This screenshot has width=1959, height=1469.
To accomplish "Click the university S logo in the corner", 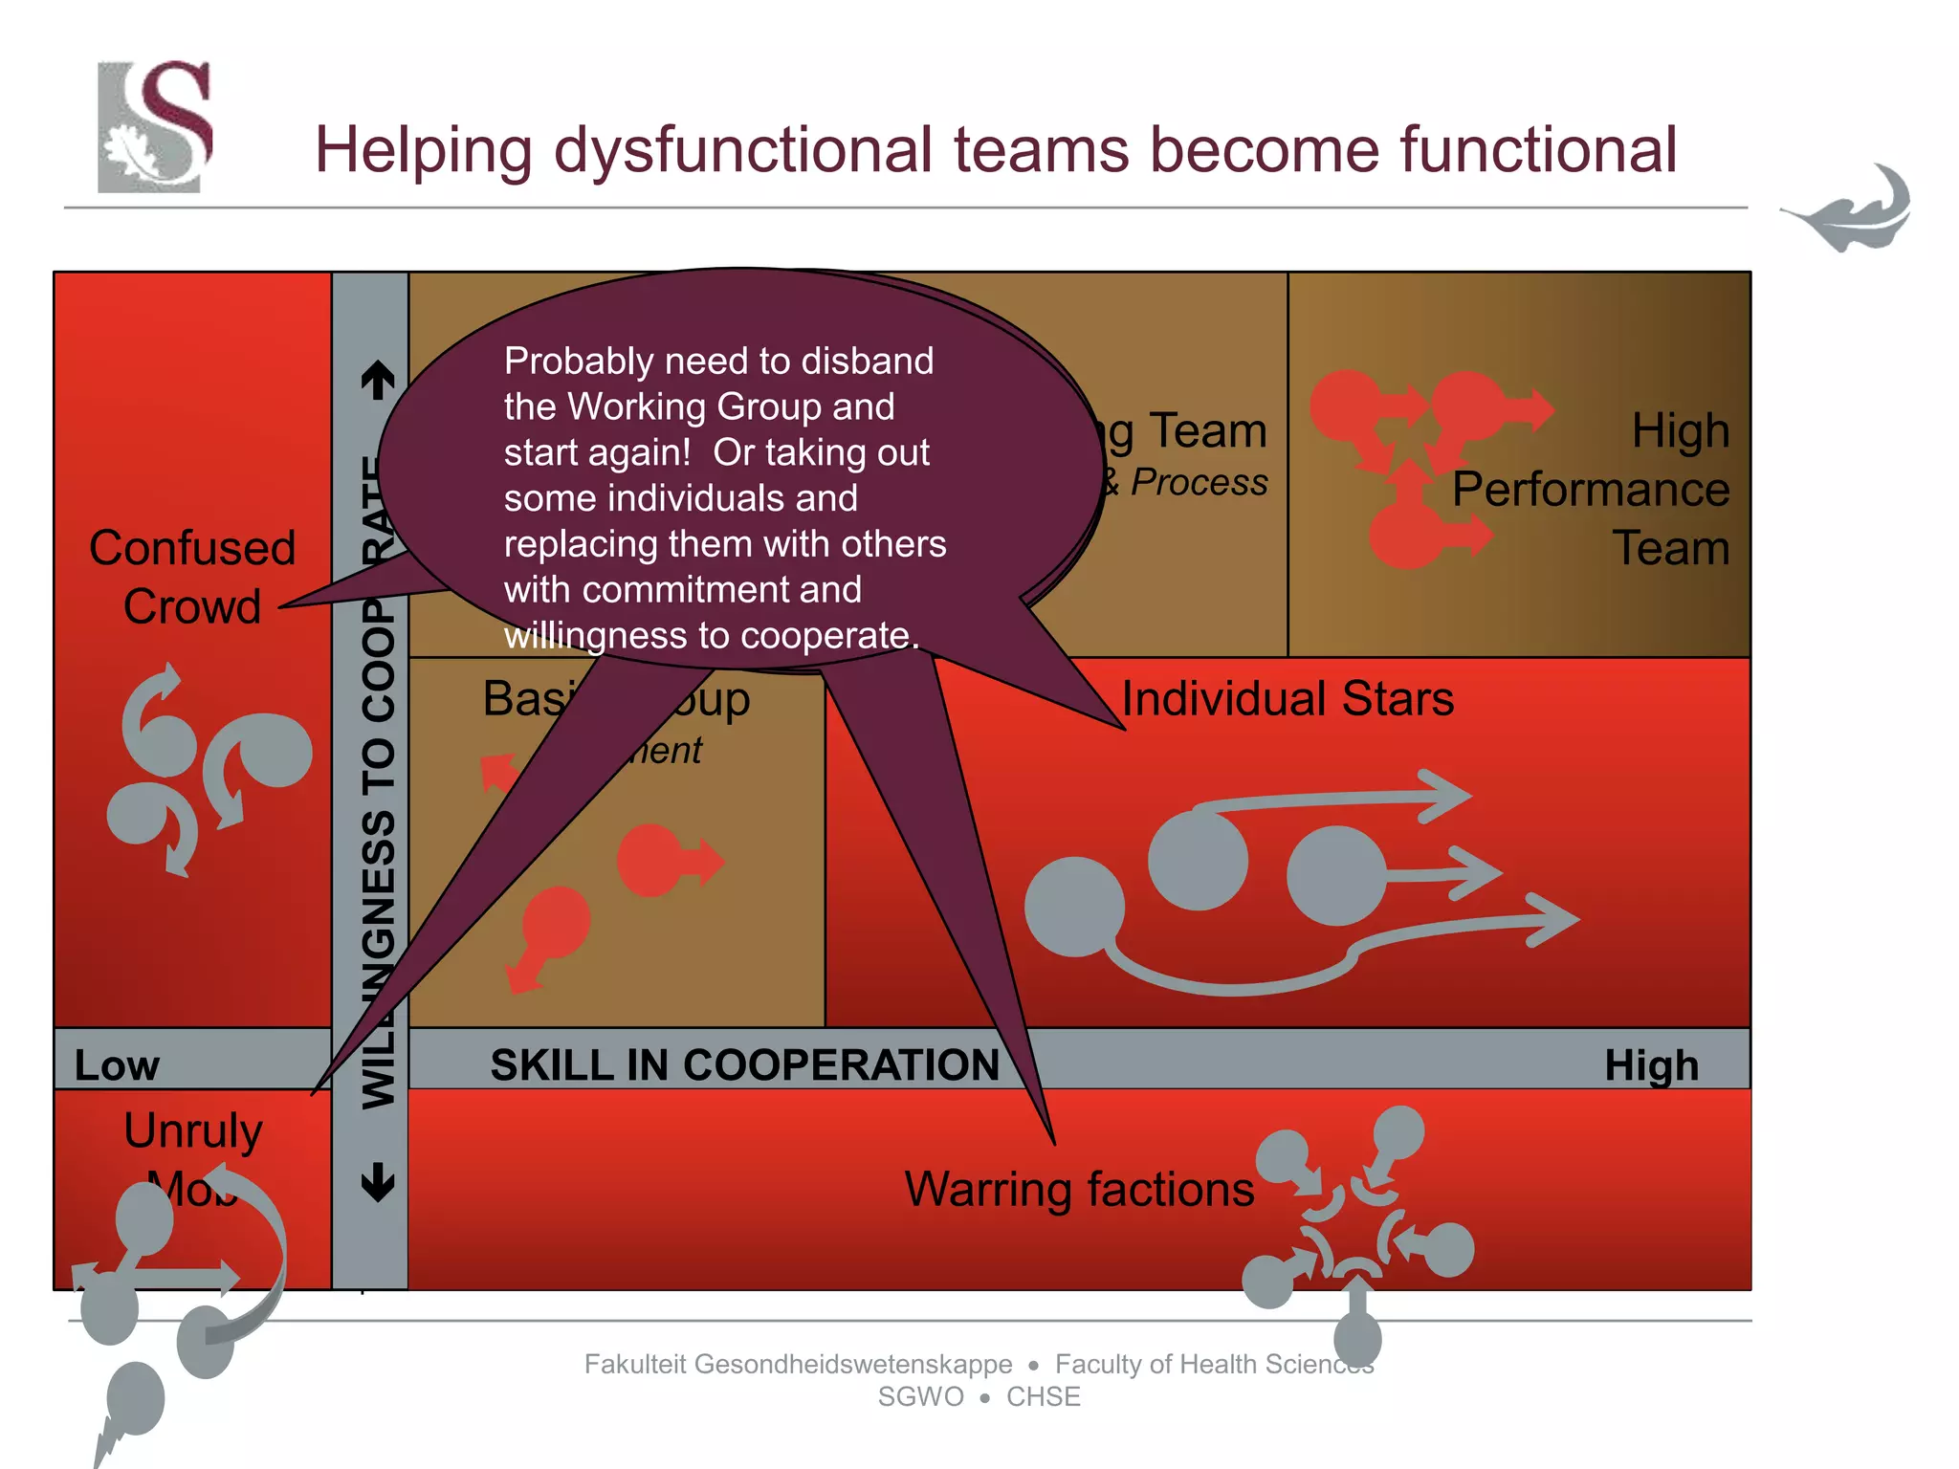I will [x=155, y=126].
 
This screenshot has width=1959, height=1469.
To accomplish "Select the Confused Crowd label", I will [x=191, y=577].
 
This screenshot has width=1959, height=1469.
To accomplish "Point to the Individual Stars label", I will [x=1287, y=698].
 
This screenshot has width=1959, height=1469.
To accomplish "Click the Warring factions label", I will [x=1079, y=1189].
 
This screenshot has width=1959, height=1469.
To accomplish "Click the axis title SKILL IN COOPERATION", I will [x=744, y=1064].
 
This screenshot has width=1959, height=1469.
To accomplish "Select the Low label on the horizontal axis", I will [x=117, y=1065].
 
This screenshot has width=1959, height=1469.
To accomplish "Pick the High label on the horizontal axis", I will [x=1651, y=1065].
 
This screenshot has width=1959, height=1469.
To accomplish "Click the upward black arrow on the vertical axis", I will [x=379, y=380].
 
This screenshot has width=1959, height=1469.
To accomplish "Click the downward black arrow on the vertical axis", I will [x=379, y=1182].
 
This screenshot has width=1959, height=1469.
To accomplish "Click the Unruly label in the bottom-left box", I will [x=192, y=1130].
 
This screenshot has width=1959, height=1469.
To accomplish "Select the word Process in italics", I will [x=1199, y=482].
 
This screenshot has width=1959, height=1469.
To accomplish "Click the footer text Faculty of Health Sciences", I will [x=1214, y=1364].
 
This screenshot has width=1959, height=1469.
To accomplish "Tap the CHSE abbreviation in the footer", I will [x=1043, y=1396].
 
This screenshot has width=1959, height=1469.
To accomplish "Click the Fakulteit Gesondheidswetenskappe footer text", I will [x=798, y=1364].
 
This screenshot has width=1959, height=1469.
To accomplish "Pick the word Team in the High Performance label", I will [x=1670, y=548].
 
